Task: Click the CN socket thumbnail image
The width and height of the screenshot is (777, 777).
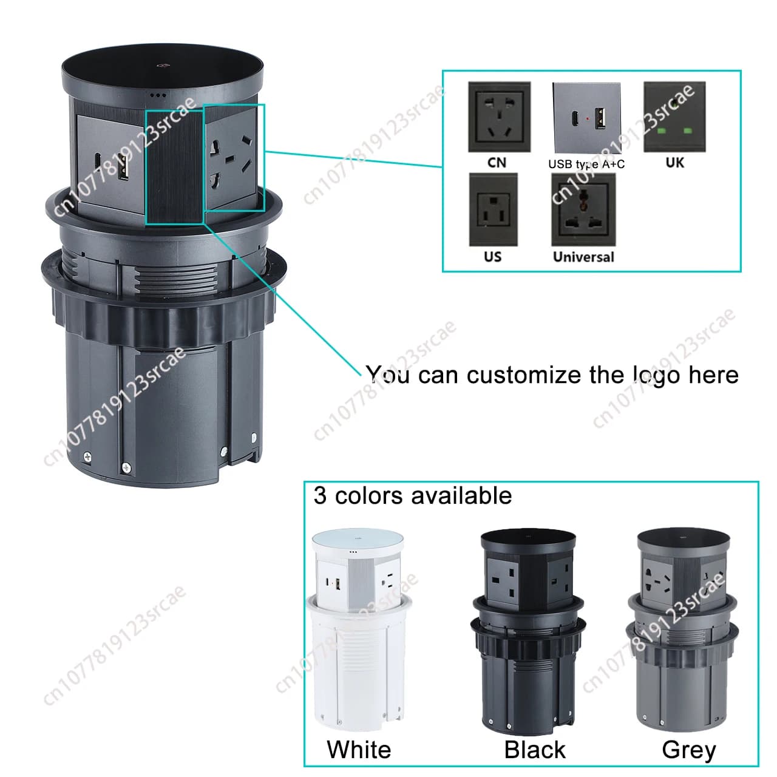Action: (499, 117)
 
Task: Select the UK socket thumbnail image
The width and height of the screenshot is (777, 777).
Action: (674, 117)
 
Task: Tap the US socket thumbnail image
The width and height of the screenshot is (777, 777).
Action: (493, 209)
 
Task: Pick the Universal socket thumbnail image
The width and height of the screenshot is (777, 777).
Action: (583, 209)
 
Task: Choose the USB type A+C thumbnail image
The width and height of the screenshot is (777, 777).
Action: (586, 118)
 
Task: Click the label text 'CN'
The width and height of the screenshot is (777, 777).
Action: (497, 163)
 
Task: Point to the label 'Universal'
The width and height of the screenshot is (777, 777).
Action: (583, 257)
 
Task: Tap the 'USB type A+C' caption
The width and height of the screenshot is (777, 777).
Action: (586, 165)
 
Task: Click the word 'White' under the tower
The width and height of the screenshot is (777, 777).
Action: (359, 750)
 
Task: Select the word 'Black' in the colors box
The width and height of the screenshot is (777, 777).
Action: (535, 750)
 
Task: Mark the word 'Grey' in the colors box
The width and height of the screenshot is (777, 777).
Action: (689, 750)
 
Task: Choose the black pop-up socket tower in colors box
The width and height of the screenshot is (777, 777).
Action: (528, 632)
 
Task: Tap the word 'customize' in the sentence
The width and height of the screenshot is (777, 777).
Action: (524, 375)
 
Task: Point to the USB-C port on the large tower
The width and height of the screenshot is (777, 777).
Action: (98, 160)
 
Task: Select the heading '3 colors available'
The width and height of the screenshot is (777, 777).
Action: (413, 495)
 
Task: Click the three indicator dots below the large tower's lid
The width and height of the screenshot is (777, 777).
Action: (158, 95)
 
